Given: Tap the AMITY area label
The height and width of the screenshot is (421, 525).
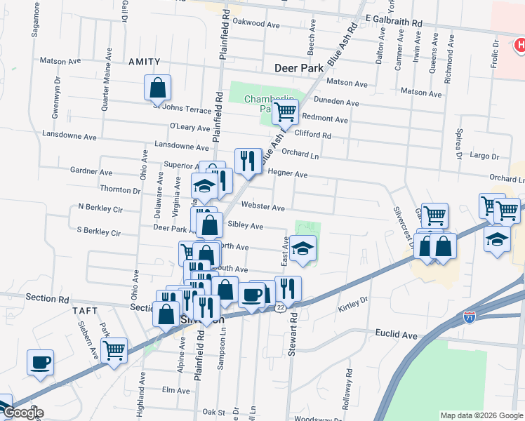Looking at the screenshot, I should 144,62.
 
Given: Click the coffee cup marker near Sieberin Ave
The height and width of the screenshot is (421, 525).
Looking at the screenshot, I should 40,363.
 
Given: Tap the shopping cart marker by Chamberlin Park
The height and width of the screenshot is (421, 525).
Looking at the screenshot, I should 286,111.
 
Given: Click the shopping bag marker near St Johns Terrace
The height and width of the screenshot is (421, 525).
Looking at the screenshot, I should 158,88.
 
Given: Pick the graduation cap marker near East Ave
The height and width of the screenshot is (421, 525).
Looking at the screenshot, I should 303,248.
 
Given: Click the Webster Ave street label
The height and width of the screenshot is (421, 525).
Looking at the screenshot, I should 263,208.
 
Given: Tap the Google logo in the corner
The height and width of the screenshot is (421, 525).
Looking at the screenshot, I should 22,413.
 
